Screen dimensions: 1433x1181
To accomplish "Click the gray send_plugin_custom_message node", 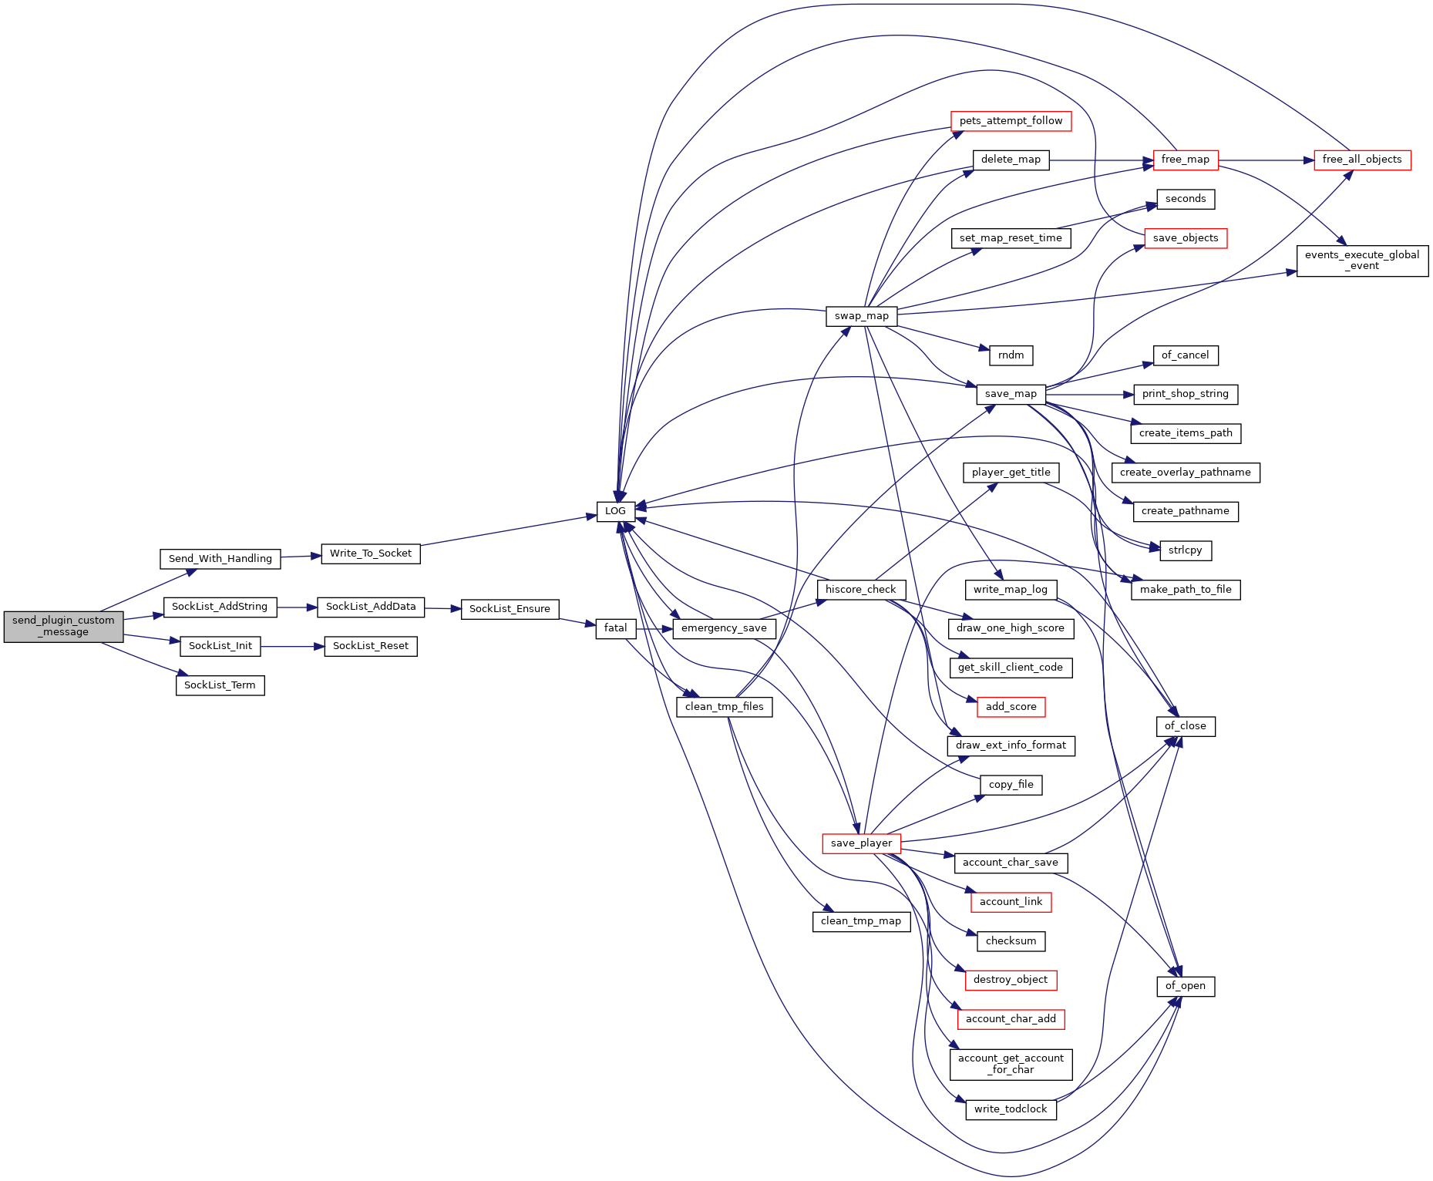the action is point(63,626).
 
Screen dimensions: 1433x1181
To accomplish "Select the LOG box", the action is point(615,511).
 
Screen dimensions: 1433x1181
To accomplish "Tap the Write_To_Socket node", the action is point(371,553).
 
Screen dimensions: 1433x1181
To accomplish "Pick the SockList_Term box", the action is point(220,685).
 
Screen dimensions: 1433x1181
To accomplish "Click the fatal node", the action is point(615,628).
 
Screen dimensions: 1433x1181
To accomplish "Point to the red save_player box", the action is point(861,843).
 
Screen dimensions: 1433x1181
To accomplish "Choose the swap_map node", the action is point(861,316).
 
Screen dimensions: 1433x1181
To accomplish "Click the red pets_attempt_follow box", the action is point(1011,121).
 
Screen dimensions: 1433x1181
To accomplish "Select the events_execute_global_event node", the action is point(1362,261).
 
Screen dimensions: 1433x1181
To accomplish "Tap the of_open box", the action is point(1186,986).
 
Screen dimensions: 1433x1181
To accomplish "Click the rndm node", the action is point(1011,355).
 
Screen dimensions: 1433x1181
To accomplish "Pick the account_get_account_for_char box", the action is point(1011,1064).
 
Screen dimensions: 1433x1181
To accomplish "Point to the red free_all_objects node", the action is point(1362,160).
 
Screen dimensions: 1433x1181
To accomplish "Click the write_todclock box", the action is point(1011,1109).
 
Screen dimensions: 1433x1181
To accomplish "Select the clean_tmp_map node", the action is point(861,921).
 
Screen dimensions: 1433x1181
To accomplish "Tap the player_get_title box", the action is point(1011,473).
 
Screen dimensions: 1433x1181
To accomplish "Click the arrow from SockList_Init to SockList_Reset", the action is point(292,647).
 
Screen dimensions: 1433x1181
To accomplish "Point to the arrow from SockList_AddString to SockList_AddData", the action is point(297,607).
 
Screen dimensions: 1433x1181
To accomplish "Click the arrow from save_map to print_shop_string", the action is point(1089,395).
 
